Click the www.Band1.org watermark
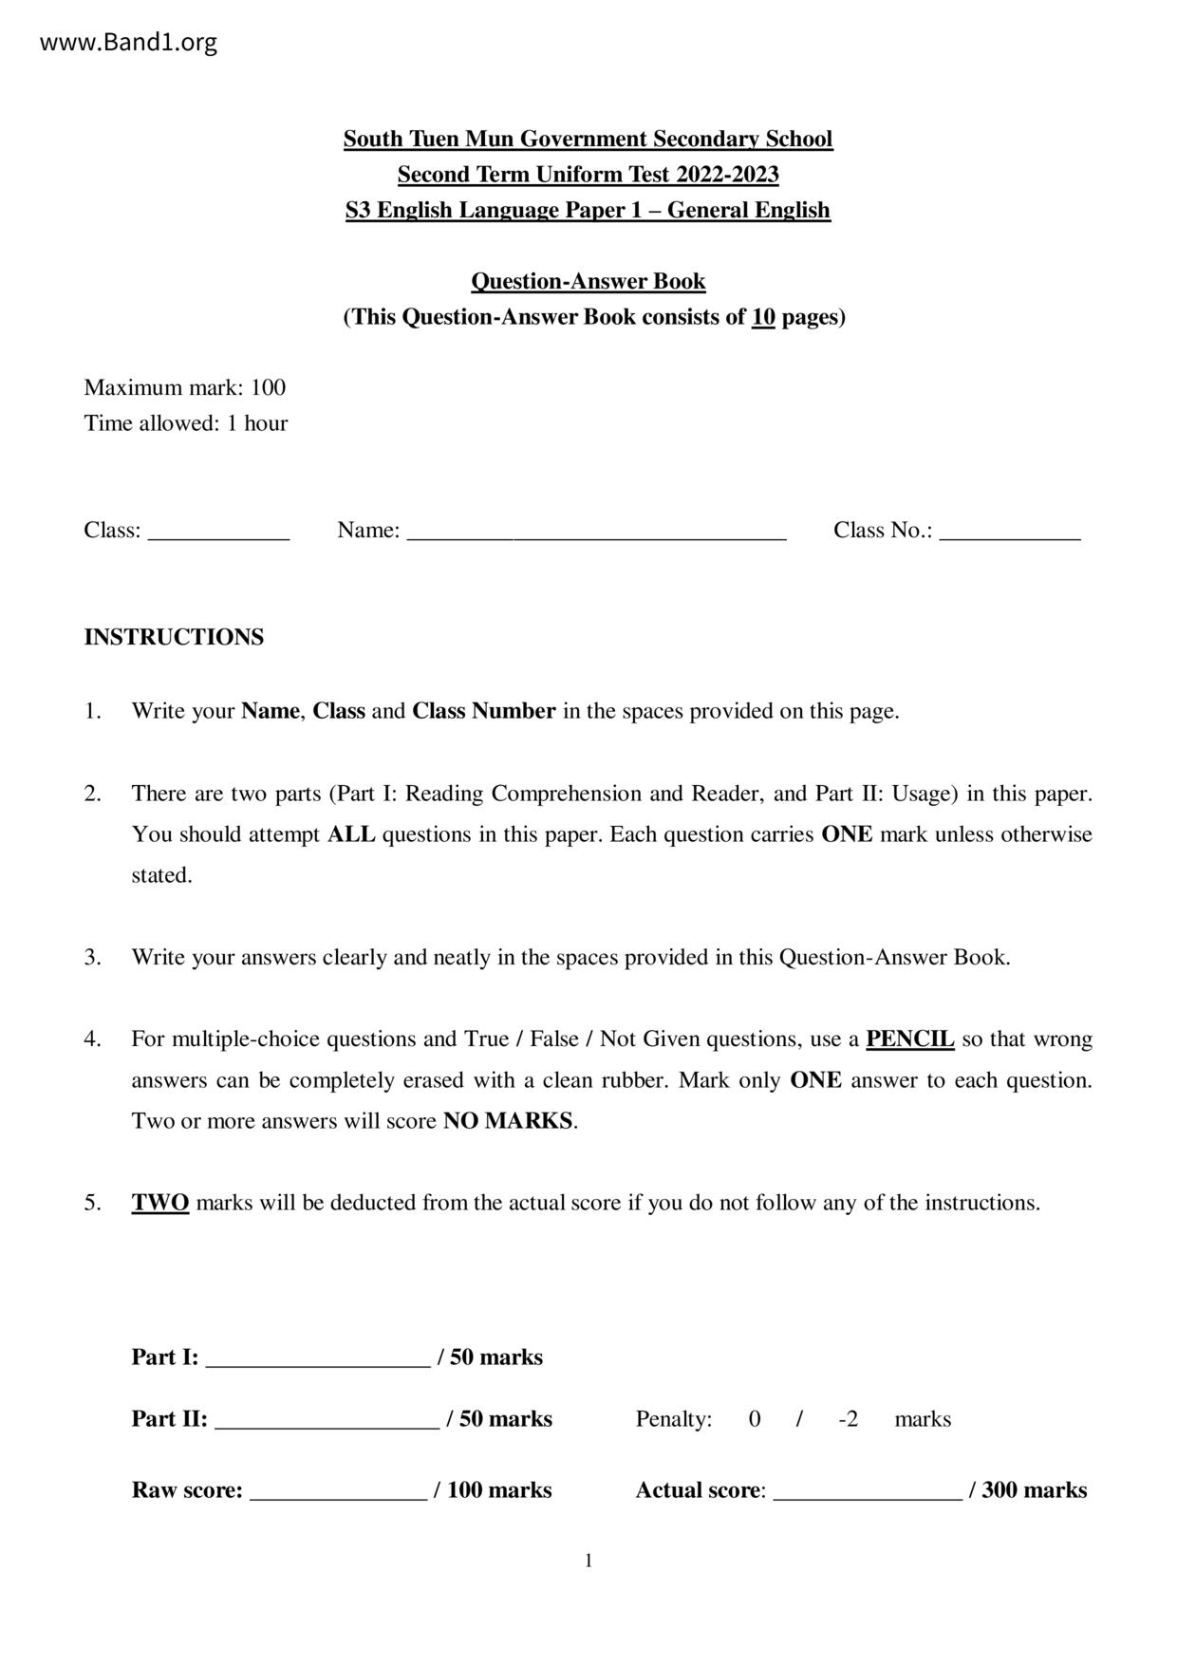tap(128, 43)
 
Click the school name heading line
tap(588, 140)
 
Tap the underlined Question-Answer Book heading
tap(588, 281)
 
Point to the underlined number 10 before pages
tap(763, 317)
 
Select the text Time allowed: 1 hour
tap(185, 423)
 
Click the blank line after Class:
tap(218, 533)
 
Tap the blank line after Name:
tap(596, 533)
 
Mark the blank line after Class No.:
tap(1009, 533)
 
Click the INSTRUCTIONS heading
tap(174, 637)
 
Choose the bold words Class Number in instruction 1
tap(483, 711)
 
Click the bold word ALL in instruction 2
tap(351, 834)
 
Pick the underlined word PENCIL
tap(909, 1039)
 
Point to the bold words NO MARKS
tap(508, 1121)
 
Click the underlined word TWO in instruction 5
tap(159, 1203)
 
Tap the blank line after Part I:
tap(317, 1361)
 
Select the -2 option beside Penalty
tap(849, 1419)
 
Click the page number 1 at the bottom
tap(588, 1562)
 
